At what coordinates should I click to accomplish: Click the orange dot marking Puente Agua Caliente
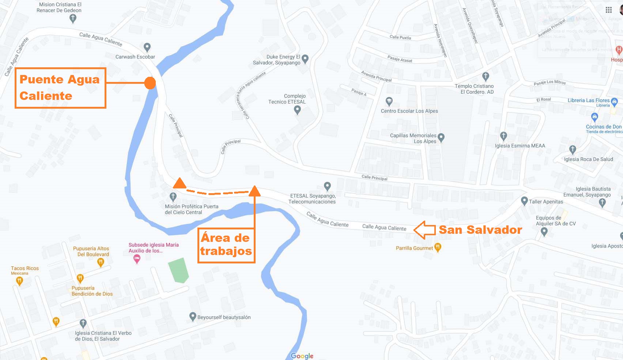point(150,83)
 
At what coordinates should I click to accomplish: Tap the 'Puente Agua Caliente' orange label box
point(60,88)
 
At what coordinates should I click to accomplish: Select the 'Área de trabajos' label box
point(226,245)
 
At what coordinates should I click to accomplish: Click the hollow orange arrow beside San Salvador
point(424,230)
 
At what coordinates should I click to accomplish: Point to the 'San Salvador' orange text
point(480,230)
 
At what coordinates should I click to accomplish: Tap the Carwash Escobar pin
point(147,47)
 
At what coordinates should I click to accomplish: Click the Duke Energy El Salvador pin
point(305,59)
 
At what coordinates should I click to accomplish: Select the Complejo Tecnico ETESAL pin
point(297,109)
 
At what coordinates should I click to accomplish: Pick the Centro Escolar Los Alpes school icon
point(389,101)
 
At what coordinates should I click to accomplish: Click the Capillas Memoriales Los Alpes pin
point(441,138)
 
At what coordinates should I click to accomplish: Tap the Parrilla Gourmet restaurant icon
point(438,247)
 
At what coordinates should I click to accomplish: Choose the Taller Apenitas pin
point(524,201)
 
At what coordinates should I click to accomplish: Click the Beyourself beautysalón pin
point(193,316)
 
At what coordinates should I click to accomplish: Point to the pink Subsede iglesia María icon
point(137,259)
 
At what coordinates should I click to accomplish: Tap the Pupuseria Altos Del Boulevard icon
point(101,262)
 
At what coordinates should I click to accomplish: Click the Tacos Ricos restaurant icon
point(19,281)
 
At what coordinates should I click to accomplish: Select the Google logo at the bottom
point(302,356)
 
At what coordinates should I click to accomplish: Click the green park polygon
point(178,270)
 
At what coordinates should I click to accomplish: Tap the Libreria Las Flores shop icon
point(614,101)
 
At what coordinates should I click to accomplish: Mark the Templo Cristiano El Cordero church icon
point(486,76)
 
